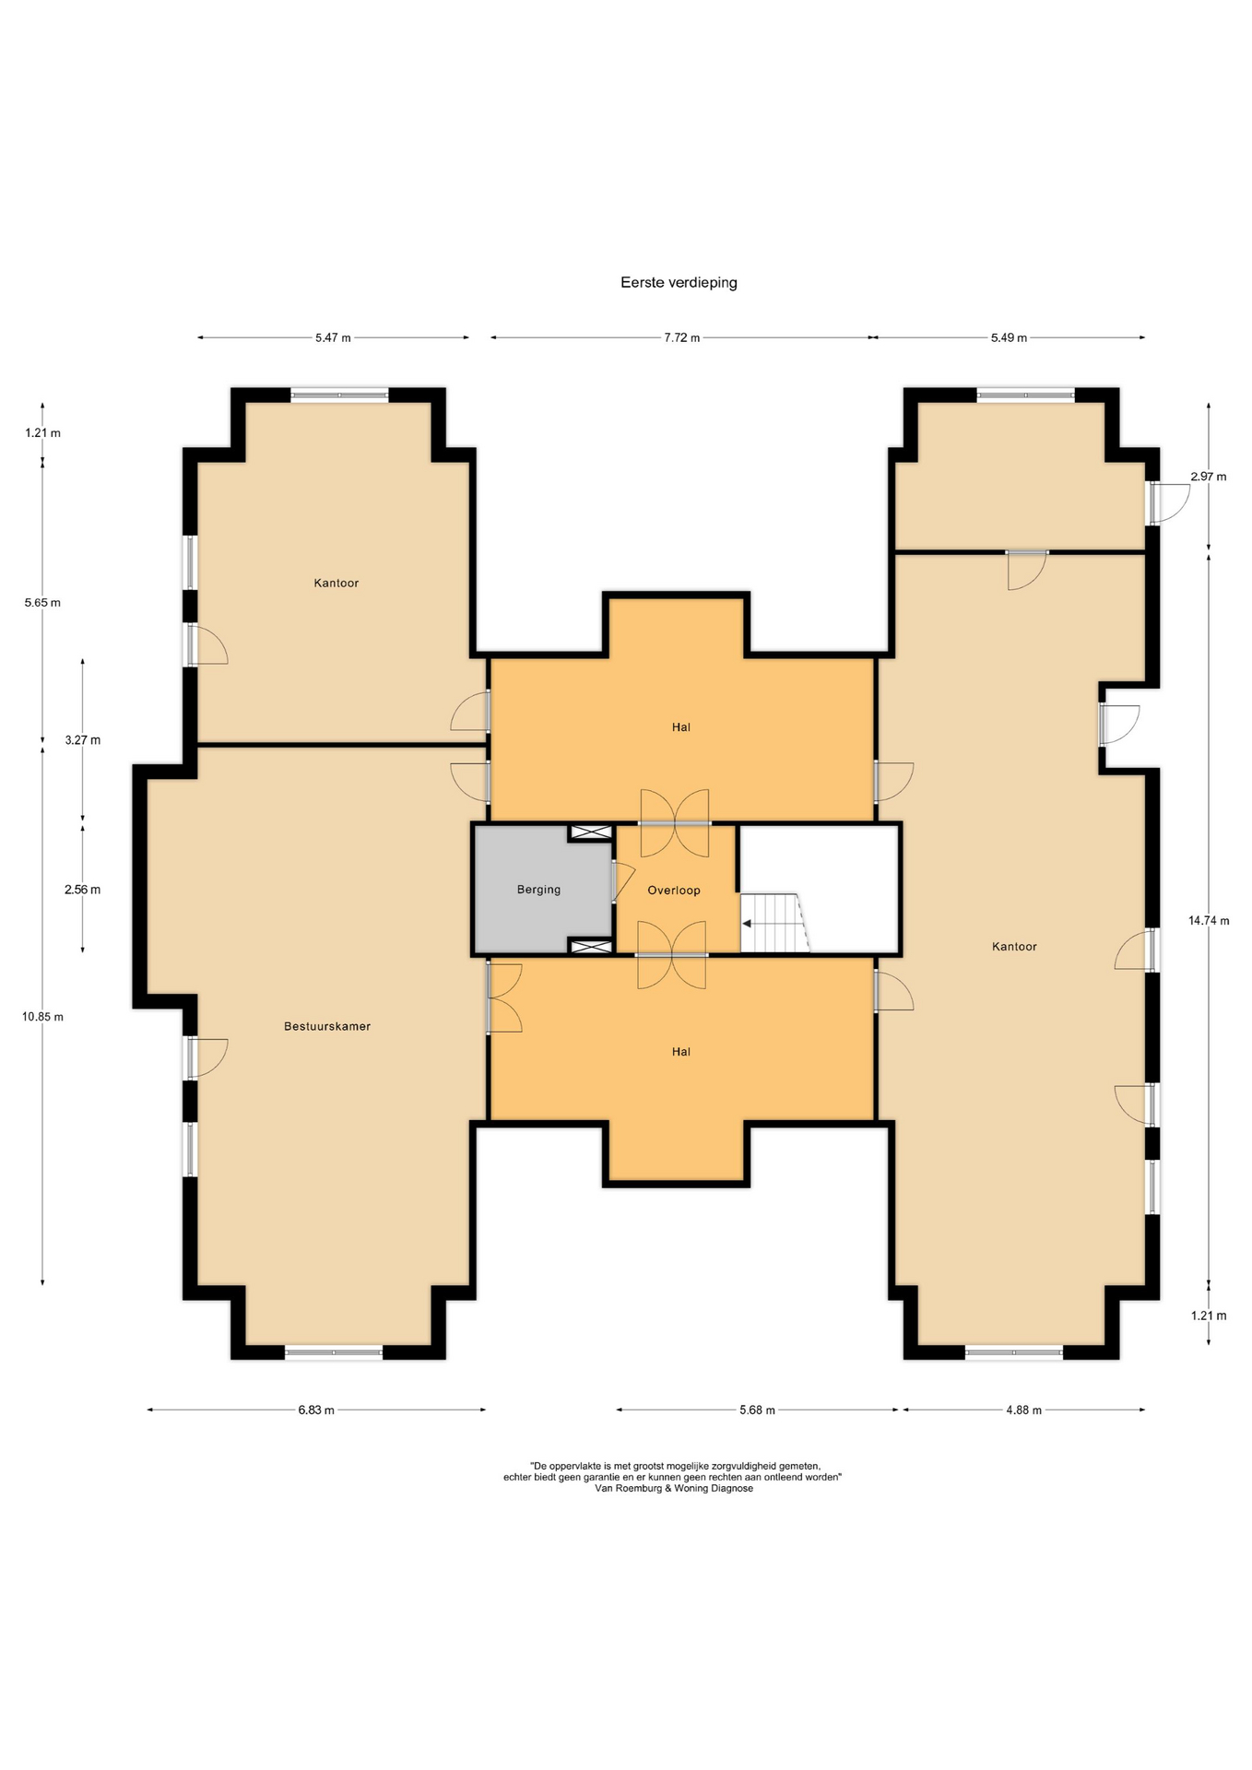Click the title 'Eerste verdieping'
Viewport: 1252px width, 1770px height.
pyautogui.click(x=679, y=283)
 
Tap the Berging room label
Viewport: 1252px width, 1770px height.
pyautogui.click(x=538, y=890)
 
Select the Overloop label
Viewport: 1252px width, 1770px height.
pyautogui.click(x=674, y=891)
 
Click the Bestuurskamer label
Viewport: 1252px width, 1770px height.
pyautogui.click(x=327, y=1026)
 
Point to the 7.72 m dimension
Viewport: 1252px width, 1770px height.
pyautogui.click(x=682, y=337)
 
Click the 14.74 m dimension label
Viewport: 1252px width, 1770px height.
pyautogui.click(x=1209, y=920)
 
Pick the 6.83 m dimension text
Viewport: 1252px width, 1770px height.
pyautogui.click(x=316, y=1410)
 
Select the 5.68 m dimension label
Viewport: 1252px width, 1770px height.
pyautogui.click(x=757, y=1410)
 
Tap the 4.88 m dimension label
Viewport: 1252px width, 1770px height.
pyautogui.click(x=1023, y=1410)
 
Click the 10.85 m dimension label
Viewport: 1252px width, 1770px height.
pyautogui.click(x=43, y=1017)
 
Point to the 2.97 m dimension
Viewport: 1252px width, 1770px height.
pyautogui.click(x=1209, y=477)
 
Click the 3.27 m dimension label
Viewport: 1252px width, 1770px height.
pyautogui.click(x=83, y=740)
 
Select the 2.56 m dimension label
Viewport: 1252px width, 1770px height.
pyautogui.click(x=83, y=890)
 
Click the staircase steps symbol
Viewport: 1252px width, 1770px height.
pyautogui.click(x=775, y=923)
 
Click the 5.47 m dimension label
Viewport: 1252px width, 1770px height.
pyautogui.click(x=333, y=337)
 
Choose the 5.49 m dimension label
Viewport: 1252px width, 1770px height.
pyautogui.click(x=1009, y=337)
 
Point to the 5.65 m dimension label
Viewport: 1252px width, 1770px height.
pyautogui.click(x=42, y=603)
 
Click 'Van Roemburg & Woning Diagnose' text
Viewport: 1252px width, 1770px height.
pyautogui.click(x=674, y=1488)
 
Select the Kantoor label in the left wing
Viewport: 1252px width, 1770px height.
pyautogui.click(x=337, y=583)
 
